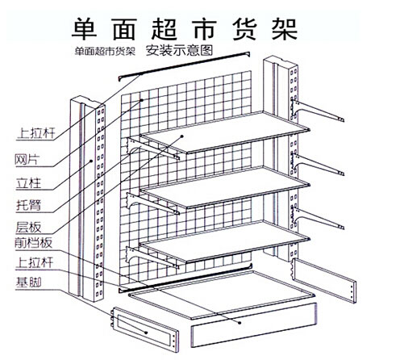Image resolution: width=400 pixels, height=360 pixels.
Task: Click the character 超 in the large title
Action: [165, 29]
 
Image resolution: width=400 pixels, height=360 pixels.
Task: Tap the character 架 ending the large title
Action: [285, 29]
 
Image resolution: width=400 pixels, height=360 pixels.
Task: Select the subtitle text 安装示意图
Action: [179, 51]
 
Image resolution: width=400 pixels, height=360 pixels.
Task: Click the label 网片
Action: [27, 160]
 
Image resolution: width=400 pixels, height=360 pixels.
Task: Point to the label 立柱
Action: [28, 183]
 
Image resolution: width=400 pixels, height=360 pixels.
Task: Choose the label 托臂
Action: [28, 205]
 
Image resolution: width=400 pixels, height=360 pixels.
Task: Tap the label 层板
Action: [28, 227]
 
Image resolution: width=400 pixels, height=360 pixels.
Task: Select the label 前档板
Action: [33, 243]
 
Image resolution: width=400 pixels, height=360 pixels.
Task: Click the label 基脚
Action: [28, 283]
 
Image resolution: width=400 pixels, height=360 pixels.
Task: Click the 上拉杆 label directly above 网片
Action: [36, 133]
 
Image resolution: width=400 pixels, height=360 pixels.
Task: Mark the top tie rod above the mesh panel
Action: [184, 66]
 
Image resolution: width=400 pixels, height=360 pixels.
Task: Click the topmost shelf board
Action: [225, 132]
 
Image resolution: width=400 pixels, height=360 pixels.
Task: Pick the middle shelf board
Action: [225, 187]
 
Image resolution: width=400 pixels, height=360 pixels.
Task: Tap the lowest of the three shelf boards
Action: [225, 241]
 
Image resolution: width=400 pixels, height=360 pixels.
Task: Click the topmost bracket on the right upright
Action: [317, 111]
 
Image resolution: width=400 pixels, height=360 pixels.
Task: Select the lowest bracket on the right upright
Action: [317, 218]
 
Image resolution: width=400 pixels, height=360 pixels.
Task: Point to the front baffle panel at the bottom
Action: [254, 324]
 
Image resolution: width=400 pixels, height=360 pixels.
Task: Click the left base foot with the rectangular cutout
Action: [145, 329]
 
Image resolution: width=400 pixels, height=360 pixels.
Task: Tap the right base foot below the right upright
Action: [324, 280]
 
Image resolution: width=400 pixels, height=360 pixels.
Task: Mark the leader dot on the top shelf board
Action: [182, 136]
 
